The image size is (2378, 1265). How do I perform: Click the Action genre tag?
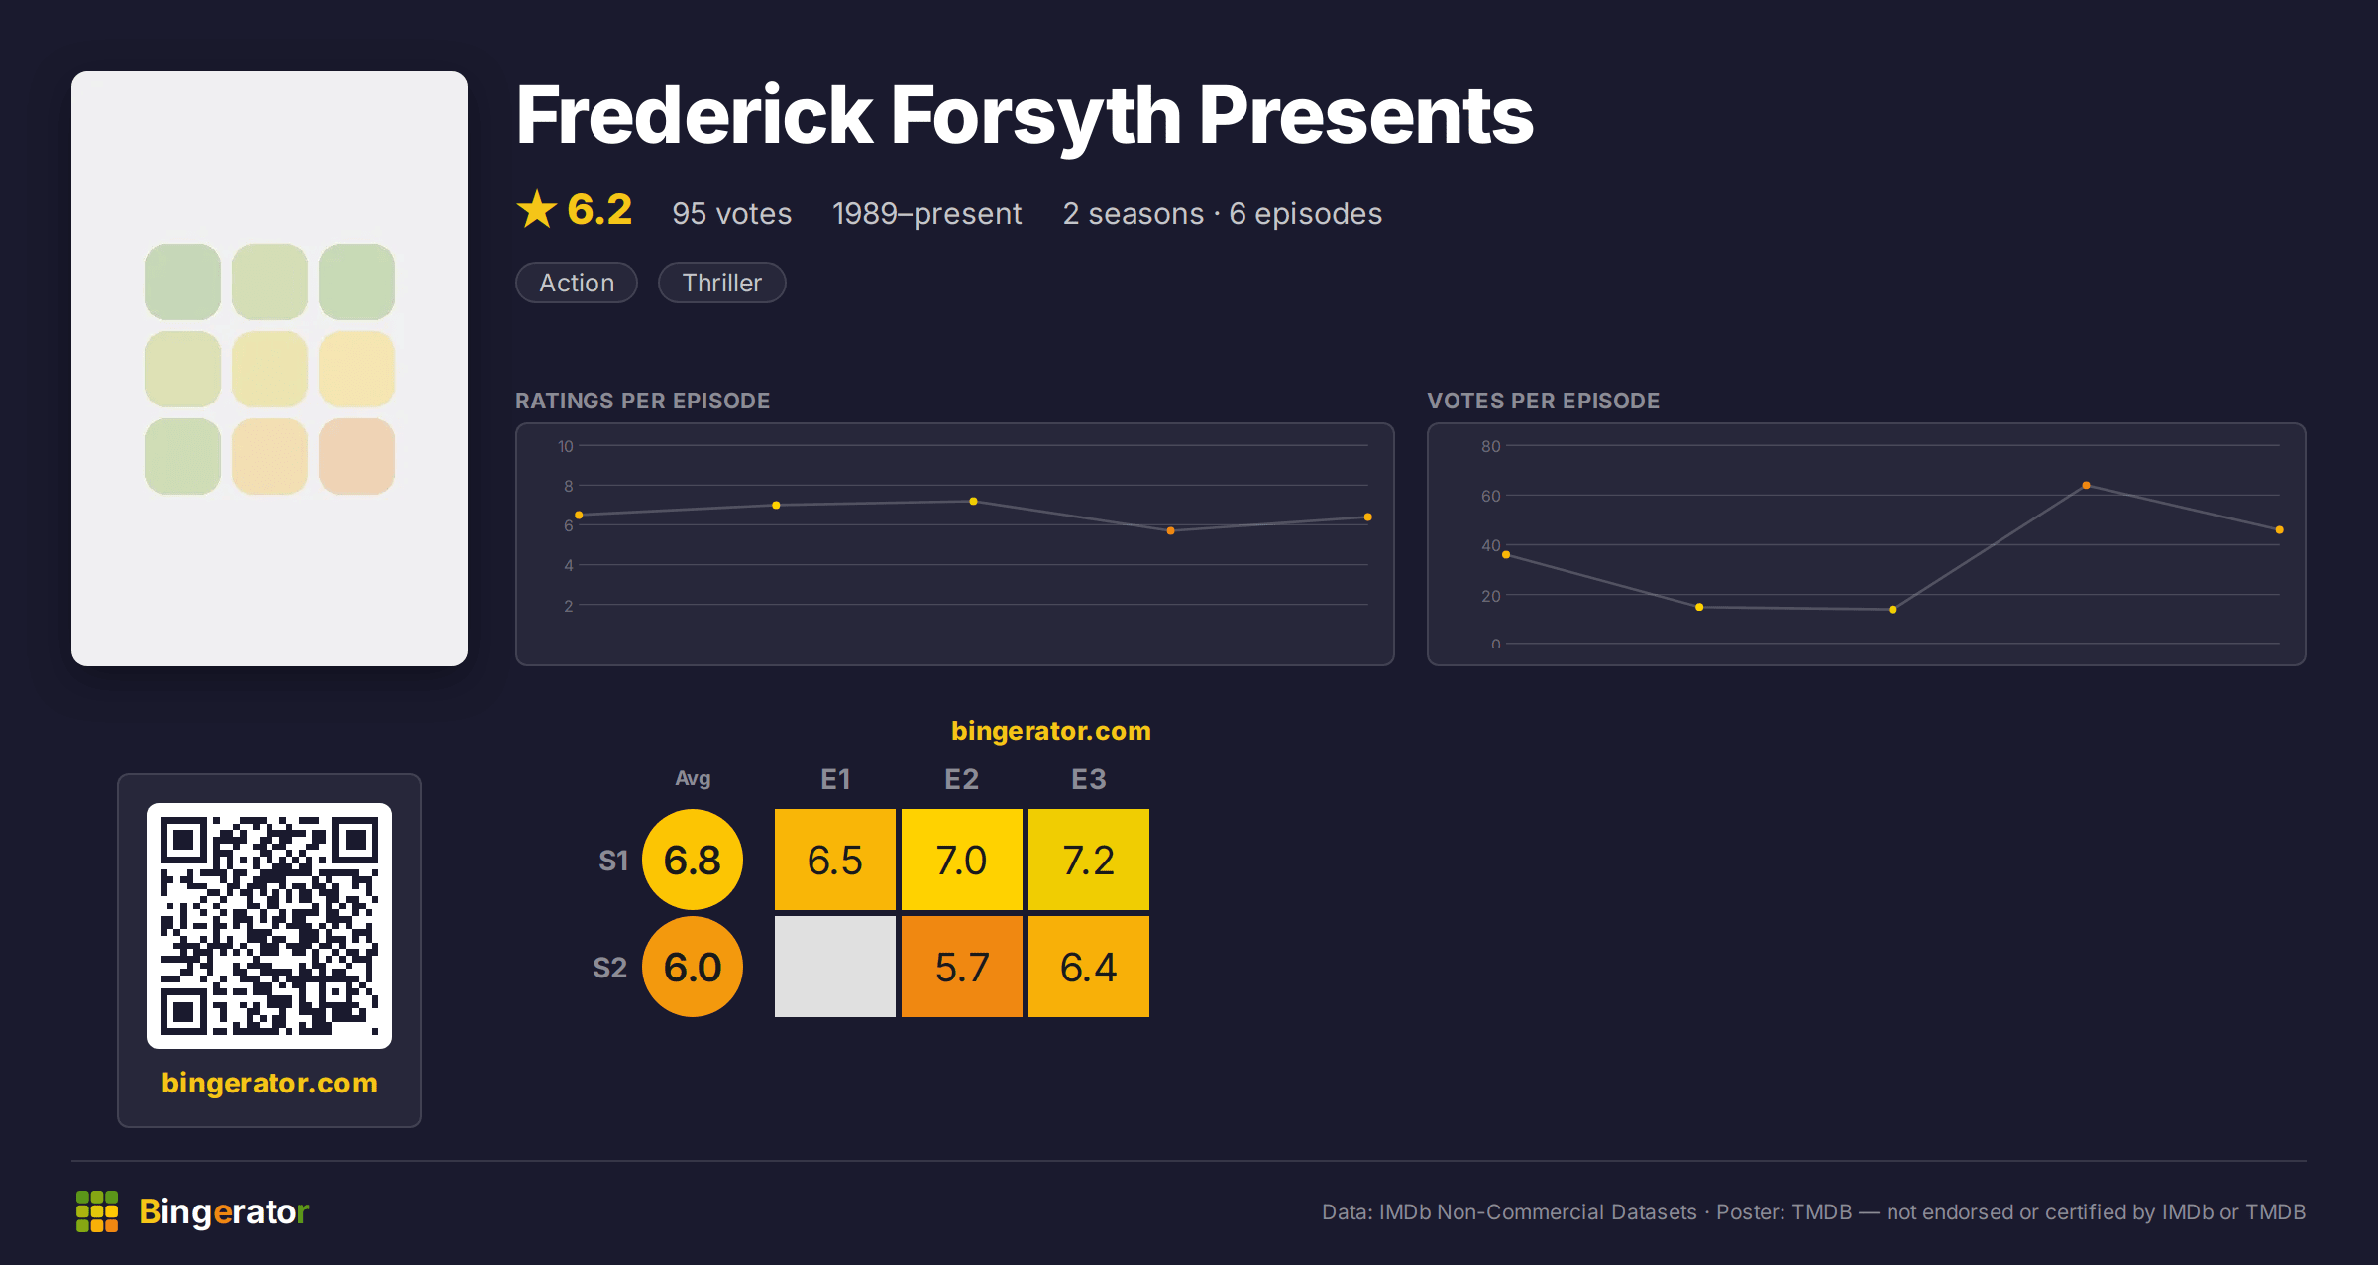click(577, 283)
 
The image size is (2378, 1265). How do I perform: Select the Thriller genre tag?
click(721, 283)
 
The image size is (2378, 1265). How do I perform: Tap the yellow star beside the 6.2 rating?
click(537, 209)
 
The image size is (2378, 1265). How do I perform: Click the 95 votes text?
click(731, 214)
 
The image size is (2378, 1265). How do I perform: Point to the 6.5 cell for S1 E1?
click(835, 860)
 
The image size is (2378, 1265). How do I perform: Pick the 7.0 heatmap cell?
click(962, 860)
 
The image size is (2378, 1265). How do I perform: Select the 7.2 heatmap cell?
click(1089, 860)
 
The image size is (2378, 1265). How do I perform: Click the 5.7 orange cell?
click(962, 967)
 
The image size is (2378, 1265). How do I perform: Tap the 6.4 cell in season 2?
click(1089, 967)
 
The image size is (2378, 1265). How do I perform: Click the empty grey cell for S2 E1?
click(835, 967)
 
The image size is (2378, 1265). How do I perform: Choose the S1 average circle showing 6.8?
click(693, 860)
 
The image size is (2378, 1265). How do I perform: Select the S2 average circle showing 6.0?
click(693, 967)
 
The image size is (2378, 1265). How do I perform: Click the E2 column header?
click(962, 779)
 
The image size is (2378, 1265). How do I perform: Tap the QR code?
click(270, 926)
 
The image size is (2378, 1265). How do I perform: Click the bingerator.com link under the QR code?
click(270, 1083)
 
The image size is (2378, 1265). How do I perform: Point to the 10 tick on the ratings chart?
click(566, 446)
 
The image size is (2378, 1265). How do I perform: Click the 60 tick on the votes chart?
click(1490, 496)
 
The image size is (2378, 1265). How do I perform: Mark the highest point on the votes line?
click(2086, 485)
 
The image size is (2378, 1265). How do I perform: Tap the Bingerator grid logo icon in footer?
click(97, 1211)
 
